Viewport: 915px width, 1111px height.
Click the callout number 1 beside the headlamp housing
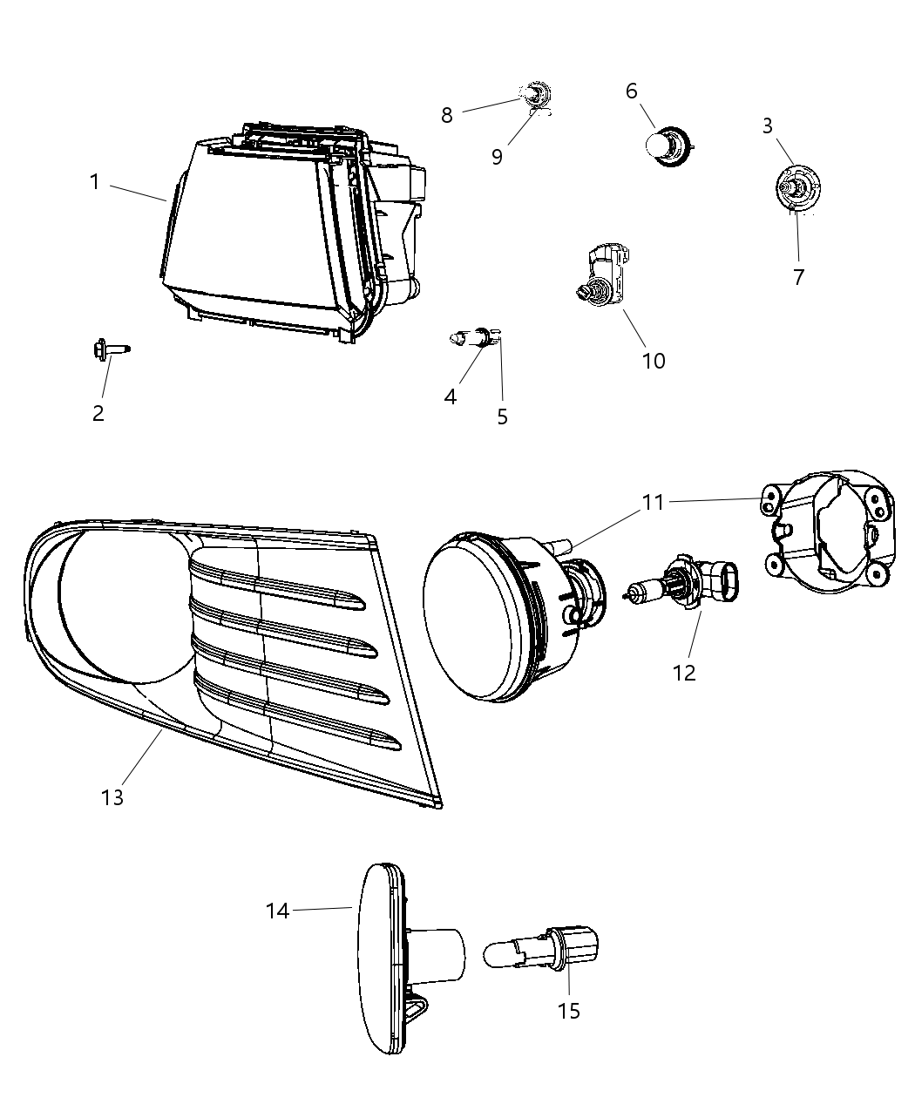point(95,182)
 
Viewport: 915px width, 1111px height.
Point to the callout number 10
point(654,362)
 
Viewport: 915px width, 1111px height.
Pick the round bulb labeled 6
point(668,146)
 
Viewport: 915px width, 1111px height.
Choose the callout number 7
point(798,277)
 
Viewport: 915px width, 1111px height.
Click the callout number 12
point(684,673)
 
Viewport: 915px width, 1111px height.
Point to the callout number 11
point(653,502)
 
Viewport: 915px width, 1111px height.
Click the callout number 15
point(568,1011)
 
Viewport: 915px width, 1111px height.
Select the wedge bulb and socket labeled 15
point(541,949)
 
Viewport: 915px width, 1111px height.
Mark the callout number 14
point(277,911)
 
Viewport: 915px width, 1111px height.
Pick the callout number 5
point(503,417)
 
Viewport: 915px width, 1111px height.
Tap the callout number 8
point(446,115)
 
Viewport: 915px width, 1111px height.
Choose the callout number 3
point(767,126)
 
